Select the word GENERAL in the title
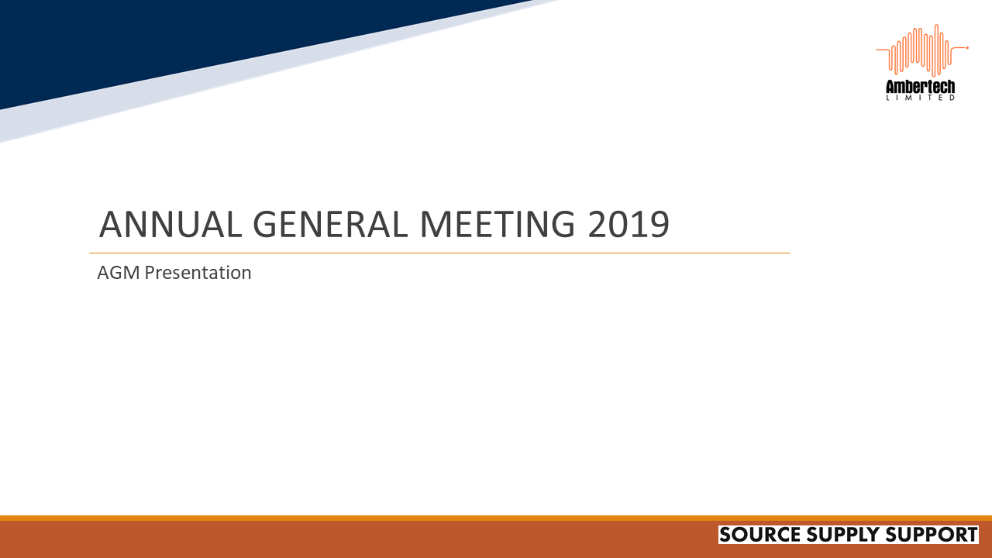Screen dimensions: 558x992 point(331,225)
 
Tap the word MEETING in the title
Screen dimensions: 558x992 point(498,225)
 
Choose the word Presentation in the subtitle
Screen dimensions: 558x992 point(198,273)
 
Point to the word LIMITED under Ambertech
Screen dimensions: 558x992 point(921,98)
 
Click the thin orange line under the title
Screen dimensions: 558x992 point(439,253)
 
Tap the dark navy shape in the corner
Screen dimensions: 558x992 point(116,39)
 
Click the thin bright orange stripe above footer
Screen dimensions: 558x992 point(496,518)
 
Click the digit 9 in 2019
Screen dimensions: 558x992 point(657,225)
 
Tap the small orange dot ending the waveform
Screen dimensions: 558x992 point(967,48)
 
